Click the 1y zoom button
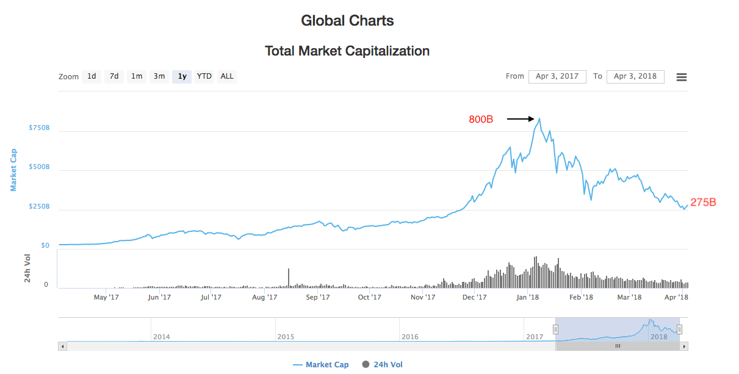[x=182, y=76]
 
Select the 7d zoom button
[x=114, y=76]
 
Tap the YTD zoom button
[x=204, y=76]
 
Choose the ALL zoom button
[x=227, y=76]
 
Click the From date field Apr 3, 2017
[x=557, y=76]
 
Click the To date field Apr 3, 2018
[x=635, y=76]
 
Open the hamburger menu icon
[x=682, y=77]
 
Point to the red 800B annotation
[x=481, y=120]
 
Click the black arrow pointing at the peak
[x=521, y=119]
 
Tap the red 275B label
[x=703, y=203]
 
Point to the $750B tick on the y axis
[x=39, y=128]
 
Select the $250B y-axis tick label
[x=39, y=207]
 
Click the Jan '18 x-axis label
[x=528, y=297]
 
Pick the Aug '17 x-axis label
[x=265, y=297]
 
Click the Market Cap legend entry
[x=321, y=365]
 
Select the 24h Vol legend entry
[x=383, y=365]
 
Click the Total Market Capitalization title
[x=347, y=51]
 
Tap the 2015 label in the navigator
[x=286, y=337]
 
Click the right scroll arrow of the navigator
[x=684, y=346]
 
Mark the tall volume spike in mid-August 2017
[x=289, y=278]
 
